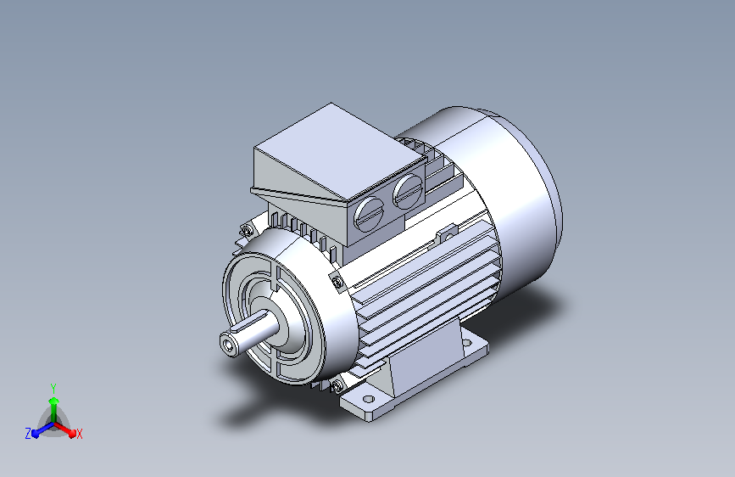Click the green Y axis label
click(x=53, y=388)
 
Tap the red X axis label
click(x=79, y=434)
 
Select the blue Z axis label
click(x=28, y=434)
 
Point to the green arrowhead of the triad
click(x=54, y=401)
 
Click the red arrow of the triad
click(x=64, y=428)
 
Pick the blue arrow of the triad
click(x=43, y=429)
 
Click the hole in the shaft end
click(x=229, y=346)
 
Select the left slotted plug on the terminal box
click(x=369, y=214)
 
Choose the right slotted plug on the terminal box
click(x=408, y=191)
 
